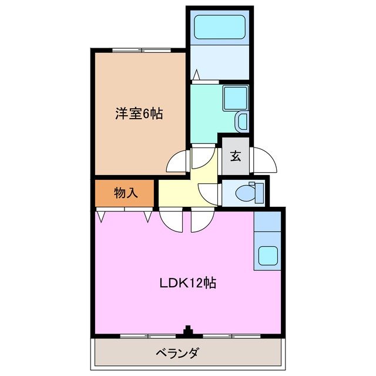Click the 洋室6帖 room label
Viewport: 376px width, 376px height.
tap(139, 113)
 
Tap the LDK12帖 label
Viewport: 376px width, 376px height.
tap(188, 283)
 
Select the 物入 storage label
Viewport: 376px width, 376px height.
tap(125, 193)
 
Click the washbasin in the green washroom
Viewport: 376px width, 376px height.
tap(242, 122)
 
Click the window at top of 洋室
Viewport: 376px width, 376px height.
tap(139, 51)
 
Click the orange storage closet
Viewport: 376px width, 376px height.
tap(125, 193)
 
